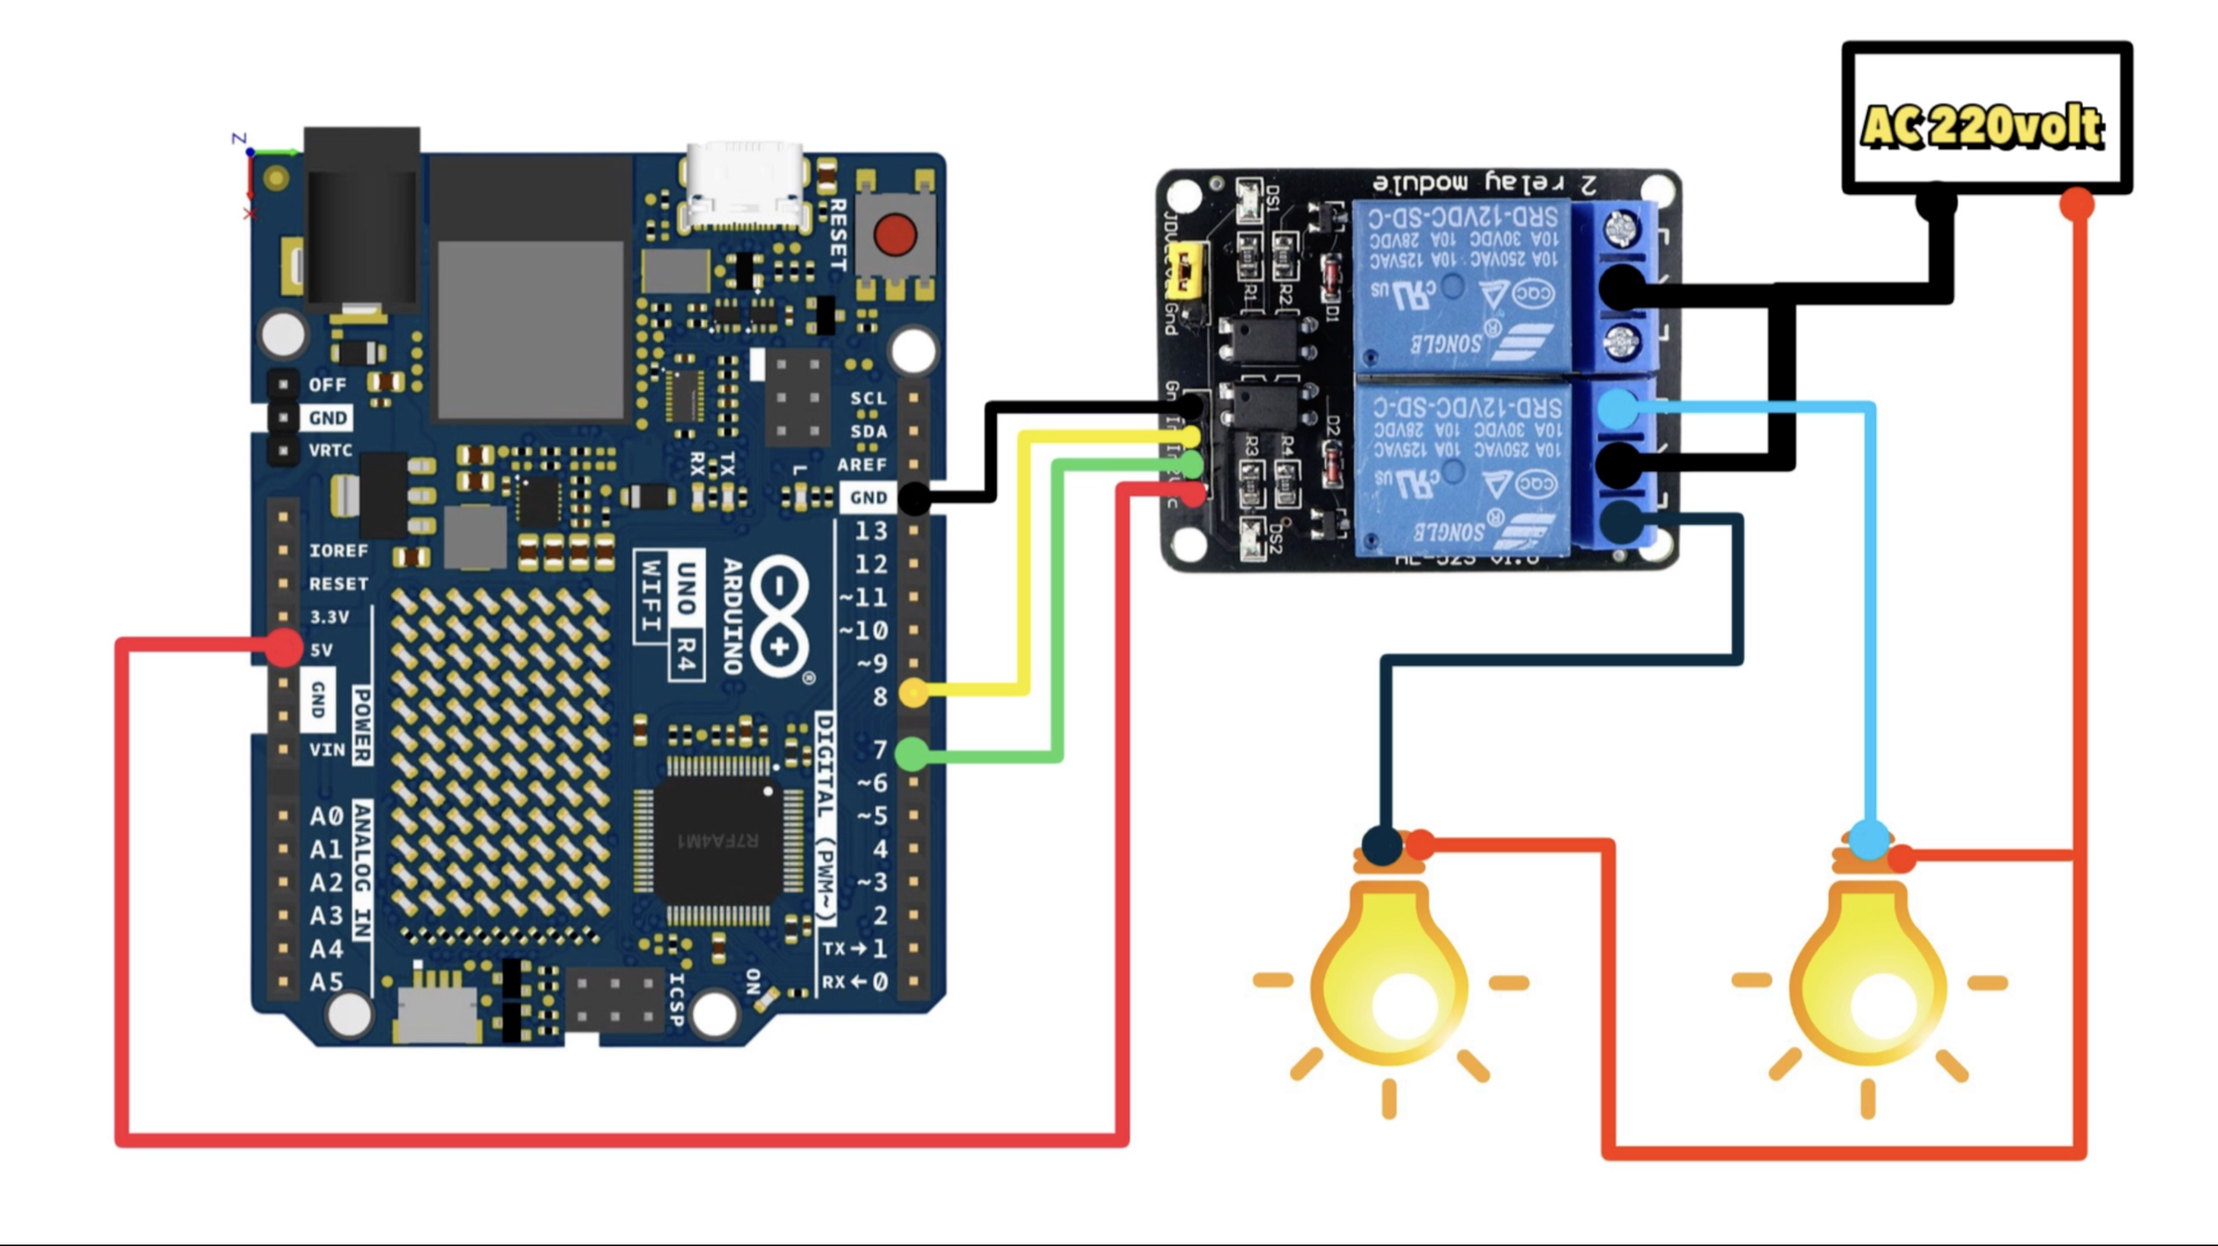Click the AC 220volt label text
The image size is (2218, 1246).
click(1983, 127)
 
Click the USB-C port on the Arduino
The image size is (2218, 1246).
click(745, 185)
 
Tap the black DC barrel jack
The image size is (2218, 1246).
click(362, 222)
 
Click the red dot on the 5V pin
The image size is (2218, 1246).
click(284, 647)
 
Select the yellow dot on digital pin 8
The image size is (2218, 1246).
click(913, 691)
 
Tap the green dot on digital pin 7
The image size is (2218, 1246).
click(913, 754)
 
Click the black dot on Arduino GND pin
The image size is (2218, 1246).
click(914, 498)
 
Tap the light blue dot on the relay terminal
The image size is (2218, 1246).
click(1617, 409)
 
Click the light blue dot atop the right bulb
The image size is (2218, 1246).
click(1869, 839)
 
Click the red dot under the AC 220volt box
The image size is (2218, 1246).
click(2077, 204)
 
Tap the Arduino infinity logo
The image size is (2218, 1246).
click(779, 616)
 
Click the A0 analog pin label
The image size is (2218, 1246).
click(326, 816)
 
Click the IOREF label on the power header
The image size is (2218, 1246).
click(338, 551)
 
